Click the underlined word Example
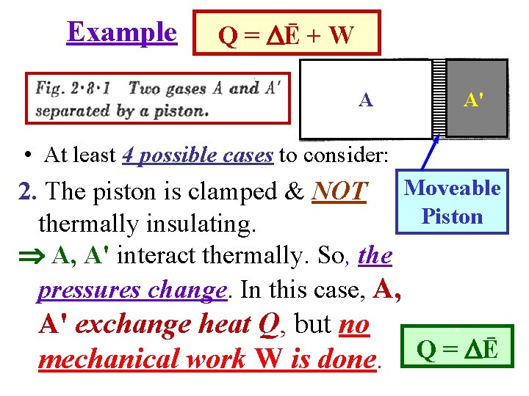tap(122, 32)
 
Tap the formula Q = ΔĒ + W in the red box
tap(287, 34)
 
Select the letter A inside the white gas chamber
tap(365, 100)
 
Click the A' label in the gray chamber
tap(473, 100)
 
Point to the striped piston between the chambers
tap(439, 100)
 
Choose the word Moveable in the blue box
tap(453, 188)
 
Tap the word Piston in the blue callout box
tap(452, 217)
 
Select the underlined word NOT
tap(339, 192)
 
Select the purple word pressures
tap(90, 290)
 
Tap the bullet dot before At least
tap(26, 155)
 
